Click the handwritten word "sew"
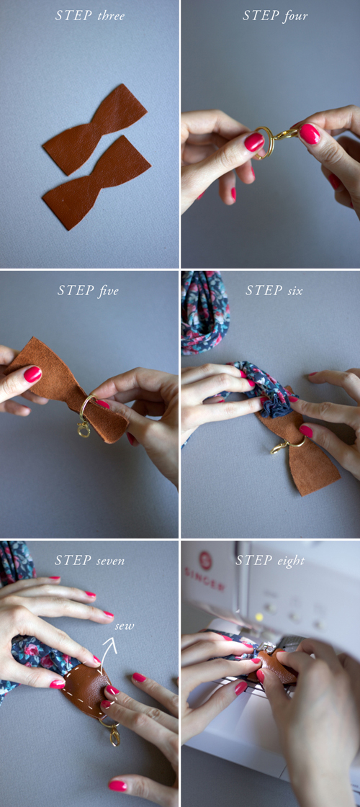124,626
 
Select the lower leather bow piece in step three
96,181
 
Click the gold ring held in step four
264,143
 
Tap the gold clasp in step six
279,447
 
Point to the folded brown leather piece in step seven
86,687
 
